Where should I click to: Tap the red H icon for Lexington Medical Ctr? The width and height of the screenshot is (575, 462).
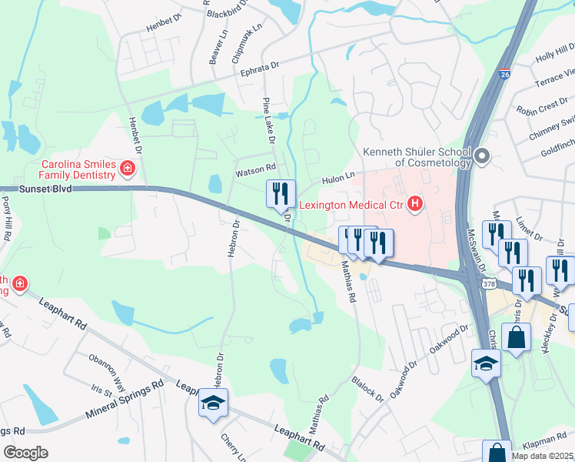coord(415,204)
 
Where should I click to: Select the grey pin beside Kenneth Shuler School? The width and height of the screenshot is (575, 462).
coord(483,156)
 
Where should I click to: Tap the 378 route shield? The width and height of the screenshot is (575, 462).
coord(490,284)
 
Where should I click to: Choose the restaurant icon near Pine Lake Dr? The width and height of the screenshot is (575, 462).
coord(281,192)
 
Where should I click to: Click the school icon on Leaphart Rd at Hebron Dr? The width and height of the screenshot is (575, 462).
coord(213,403)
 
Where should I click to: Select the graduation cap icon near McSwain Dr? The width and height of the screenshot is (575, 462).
coord(486,363)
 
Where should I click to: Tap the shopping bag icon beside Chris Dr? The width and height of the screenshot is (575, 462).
coord(518,337)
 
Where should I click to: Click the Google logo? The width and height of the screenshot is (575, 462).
coord(25,452)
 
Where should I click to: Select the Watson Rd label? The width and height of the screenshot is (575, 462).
coord(254,167)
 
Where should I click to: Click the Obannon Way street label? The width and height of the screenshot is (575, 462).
coord(106,361)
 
